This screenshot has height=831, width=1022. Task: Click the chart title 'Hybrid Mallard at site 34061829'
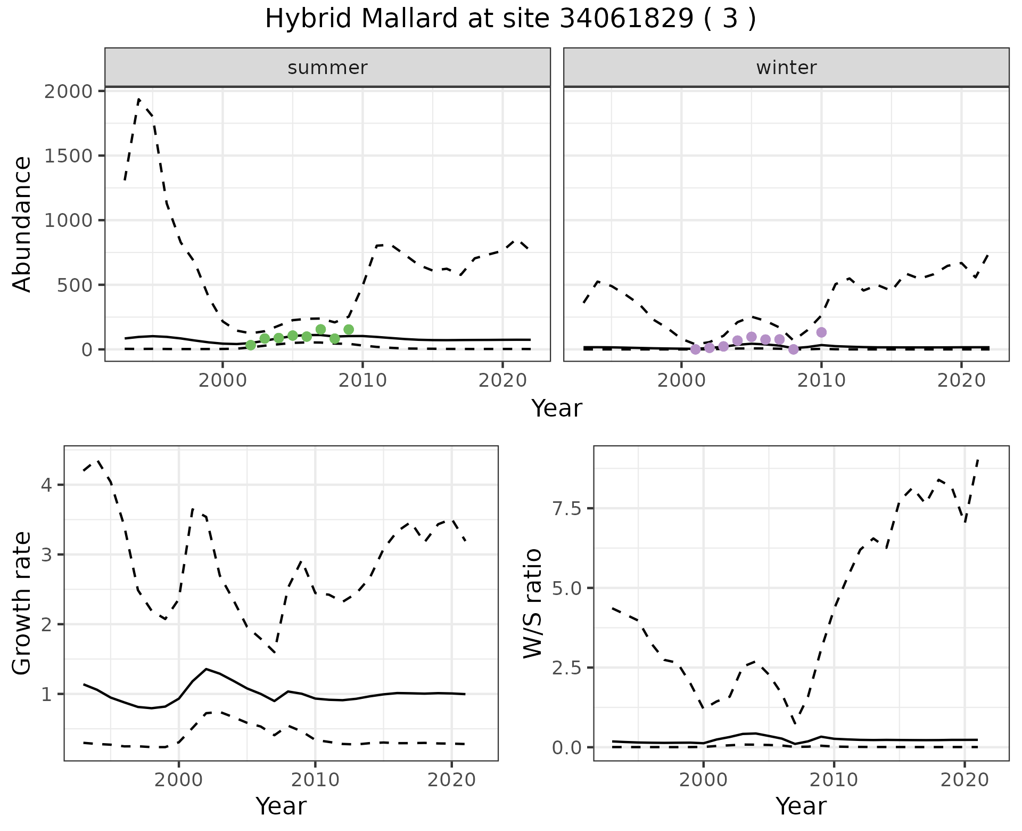click(510, 20)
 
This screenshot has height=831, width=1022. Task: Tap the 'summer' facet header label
click(327, 68)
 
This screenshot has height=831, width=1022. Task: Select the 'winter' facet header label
click(786, 68)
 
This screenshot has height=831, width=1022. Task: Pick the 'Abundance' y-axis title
click(22, 224)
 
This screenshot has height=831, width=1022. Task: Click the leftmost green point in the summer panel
click(251, 345)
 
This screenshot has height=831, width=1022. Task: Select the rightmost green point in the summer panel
click(349, 330)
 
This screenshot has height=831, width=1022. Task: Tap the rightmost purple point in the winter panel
click(821, 332)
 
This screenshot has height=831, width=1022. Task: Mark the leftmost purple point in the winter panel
click(695, 349)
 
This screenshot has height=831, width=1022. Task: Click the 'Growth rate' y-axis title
click(22, 604)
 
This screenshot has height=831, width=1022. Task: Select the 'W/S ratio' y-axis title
click(532, 604)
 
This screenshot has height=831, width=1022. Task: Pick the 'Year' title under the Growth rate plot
click(281, 806)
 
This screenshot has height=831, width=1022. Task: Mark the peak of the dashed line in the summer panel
click(139, 99)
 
